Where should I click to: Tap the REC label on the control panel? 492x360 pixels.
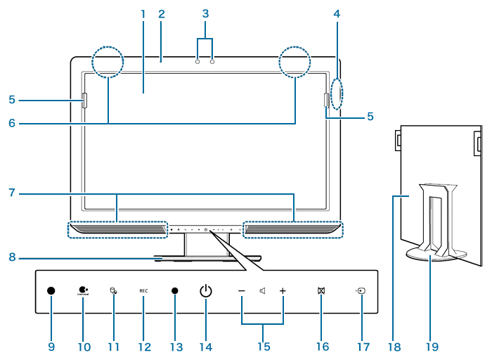point(143,290)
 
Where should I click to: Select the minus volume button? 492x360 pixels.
point(241,290)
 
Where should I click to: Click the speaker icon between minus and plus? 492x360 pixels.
point(261,290)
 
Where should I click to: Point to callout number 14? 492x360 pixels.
point(205,347)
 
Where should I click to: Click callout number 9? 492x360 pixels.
point(51,347)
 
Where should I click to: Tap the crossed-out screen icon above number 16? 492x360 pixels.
point(321,290)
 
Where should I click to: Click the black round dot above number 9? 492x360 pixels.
point(51,290)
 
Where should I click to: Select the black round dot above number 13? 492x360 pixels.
point(175,290)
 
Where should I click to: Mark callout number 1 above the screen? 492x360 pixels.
point(143,14)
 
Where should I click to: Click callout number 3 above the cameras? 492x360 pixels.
point(205,13)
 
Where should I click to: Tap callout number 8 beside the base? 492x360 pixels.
point(12,257)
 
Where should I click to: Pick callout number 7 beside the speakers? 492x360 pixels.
point(12,192)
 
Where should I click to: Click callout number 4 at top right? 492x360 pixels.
point(337,14)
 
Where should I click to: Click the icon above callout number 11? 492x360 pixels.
point(112,290)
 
